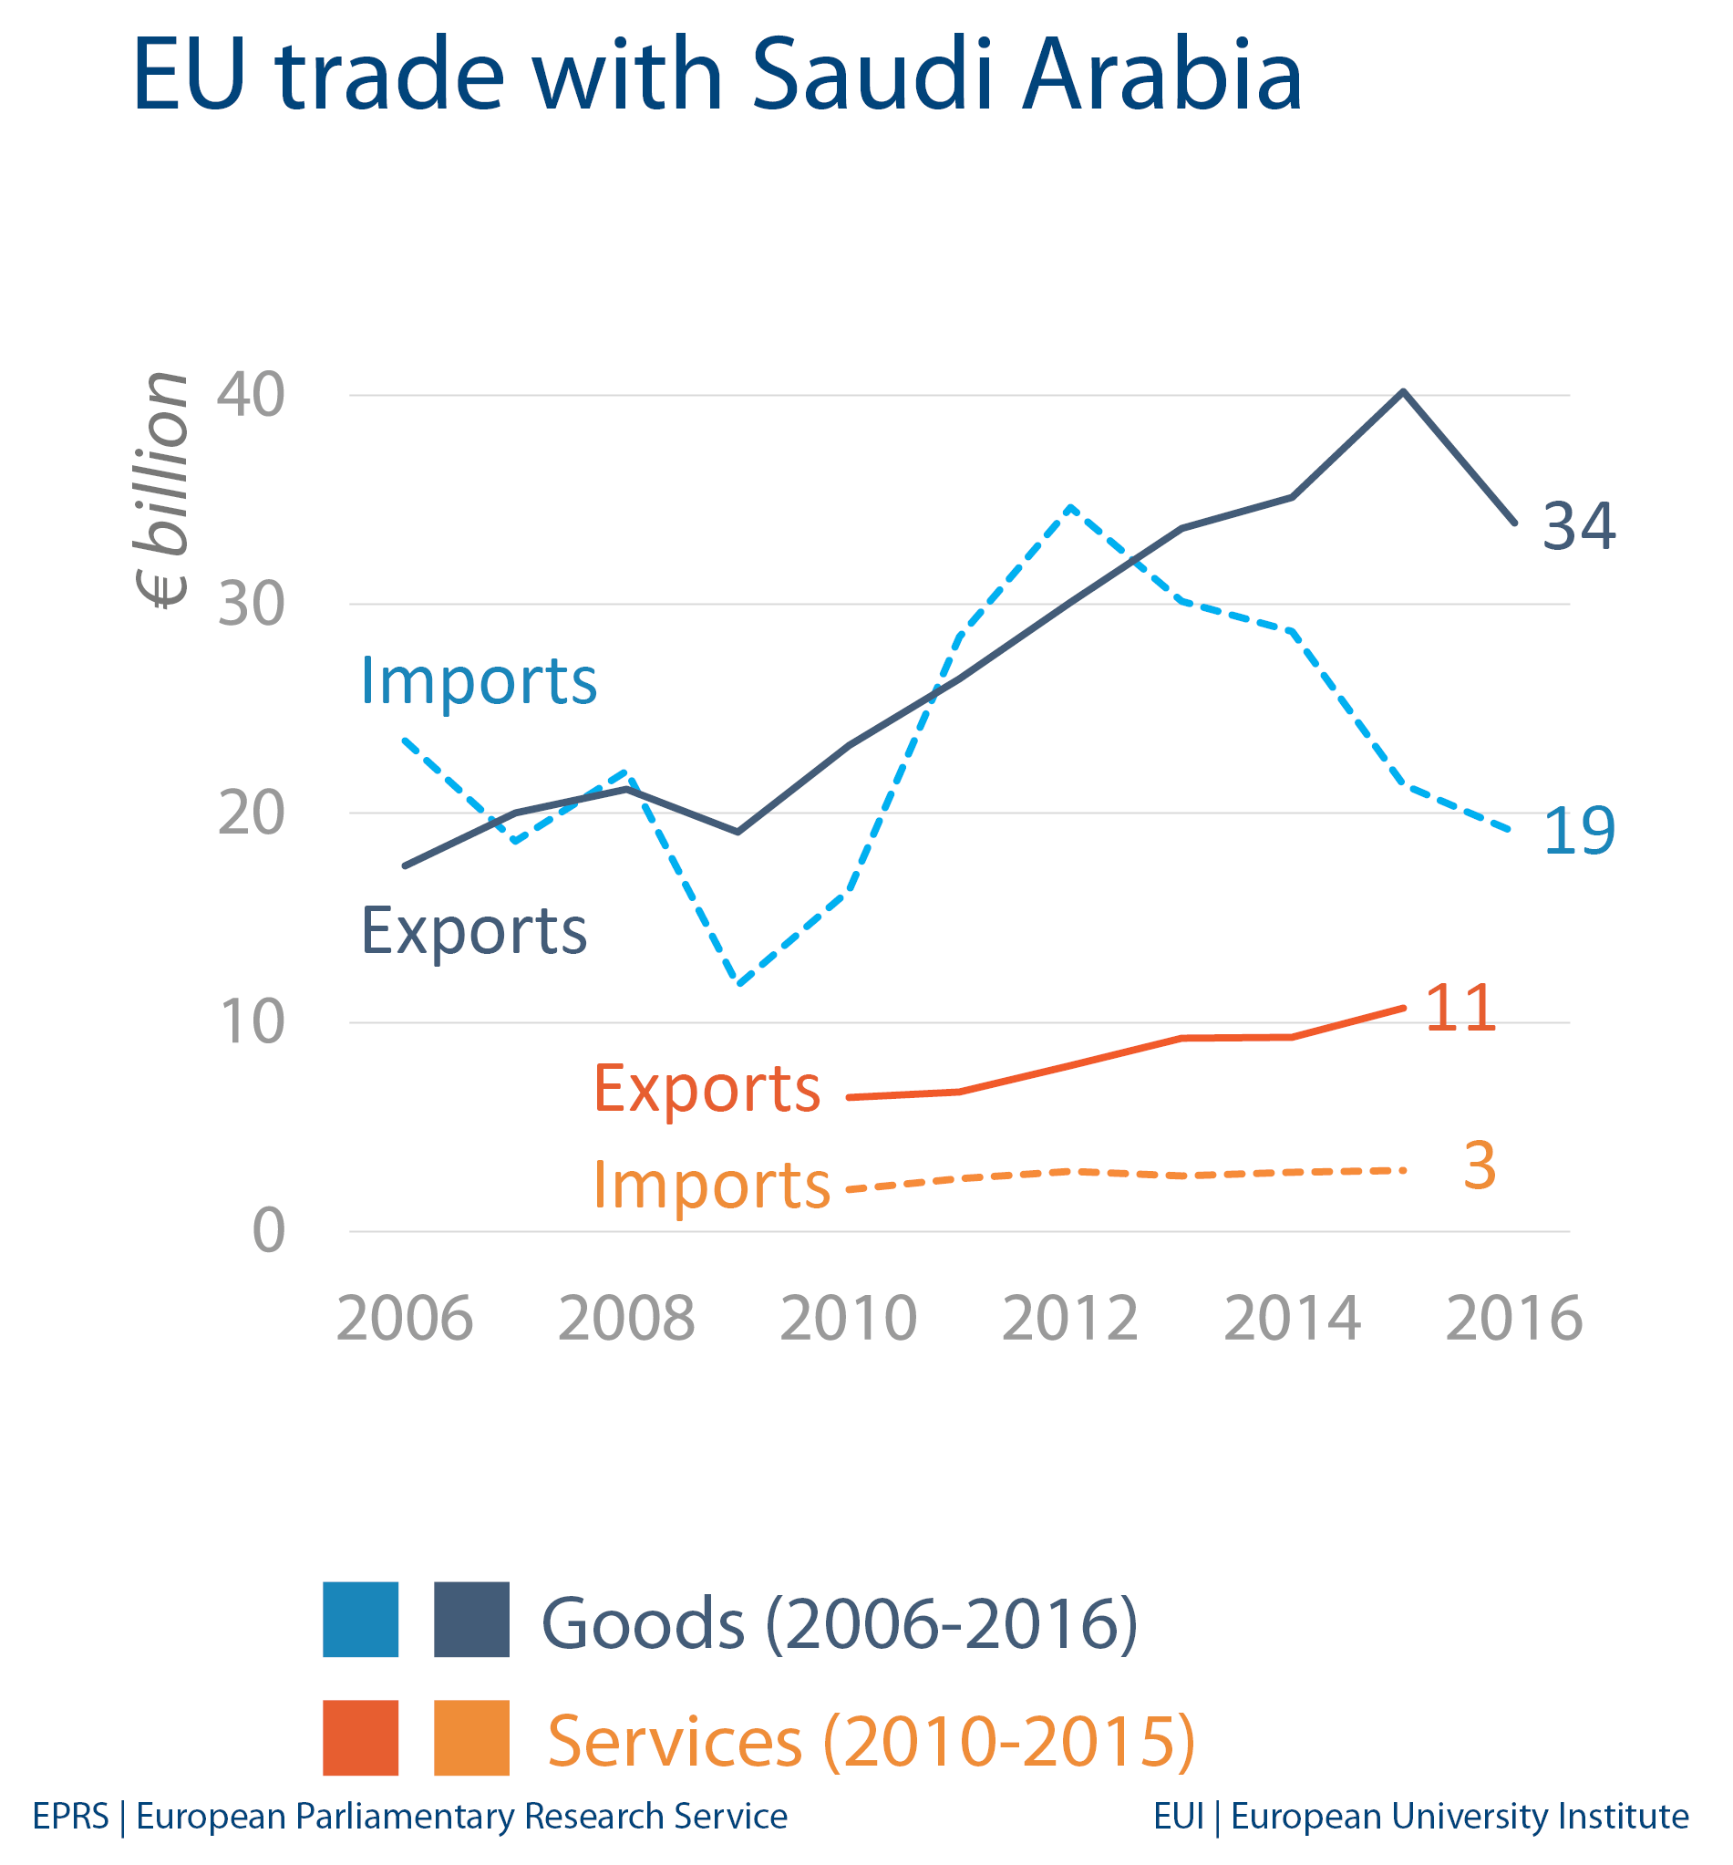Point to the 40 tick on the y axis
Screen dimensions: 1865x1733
(x=251, y=395)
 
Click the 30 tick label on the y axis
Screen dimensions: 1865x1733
(x=251, y=605)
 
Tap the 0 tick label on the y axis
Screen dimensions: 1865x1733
(x=268, y=1231)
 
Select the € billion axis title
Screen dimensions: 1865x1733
(x=161, y=490)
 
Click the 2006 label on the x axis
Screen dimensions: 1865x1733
(x=404, y=1319)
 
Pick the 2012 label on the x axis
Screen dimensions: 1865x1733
(x=1070, y=1319)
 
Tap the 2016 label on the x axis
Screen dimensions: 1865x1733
(x=1513, y=1319)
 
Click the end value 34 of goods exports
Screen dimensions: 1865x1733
(x=1579, y=526)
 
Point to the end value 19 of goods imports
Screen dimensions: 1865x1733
(x=1579, y=831)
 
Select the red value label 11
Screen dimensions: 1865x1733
(x=1460, y=1010)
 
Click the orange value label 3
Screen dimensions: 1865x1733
(x=1479, y=1166)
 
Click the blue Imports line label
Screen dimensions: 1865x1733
(x=479, y=681)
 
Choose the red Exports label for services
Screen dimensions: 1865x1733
(x=707, y=1089)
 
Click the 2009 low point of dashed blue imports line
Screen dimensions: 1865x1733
(x=740, y=985)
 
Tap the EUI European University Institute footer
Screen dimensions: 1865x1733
(x=1420, y=1817)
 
